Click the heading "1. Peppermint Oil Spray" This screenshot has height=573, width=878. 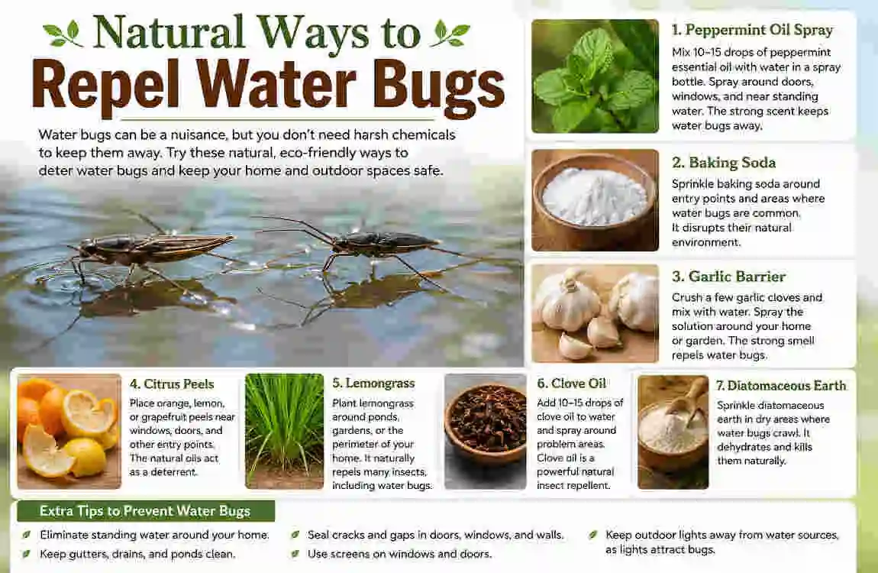click(x=753, y=31)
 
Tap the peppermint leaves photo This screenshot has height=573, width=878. click(x=595, y=76)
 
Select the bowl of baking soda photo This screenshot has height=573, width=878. click(x=595, y=200)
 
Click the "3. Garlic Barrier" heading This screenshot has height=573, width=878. click(x=728, y=276)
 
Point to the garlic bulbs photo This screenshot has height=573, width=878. click(x=595, y=313)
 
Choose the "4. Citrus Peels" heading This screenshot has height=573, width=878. click(x=172, y=384)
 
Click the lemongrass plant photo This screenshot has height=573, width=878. click(x=285, y=431)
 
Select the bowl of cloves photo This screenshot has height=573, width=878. click(x=485, y=432)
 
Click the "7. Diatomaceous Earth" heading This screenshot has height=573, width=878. click(x=781, y=385)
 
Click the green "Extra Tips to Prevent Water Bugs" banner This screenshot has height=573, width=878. click(x=146, y=511)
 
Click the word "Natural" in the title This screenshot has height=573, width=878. click(x=169, y=33)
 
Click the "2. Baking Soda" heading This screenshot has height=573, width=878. click(x=724, y=163)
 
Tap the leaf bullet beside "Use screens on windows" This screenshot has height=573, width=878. click(x=295, y=554)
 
